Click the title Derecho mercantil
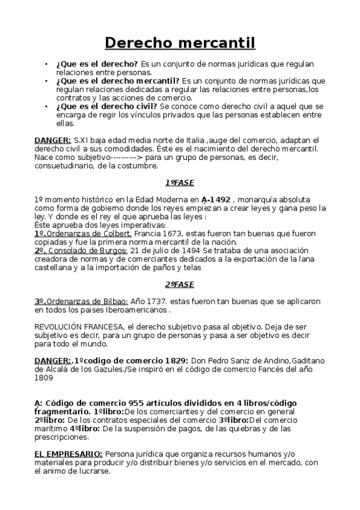tap(180, 43)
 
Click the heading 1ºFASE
tap(180, 182)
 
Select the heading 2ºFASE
tap(180, 284)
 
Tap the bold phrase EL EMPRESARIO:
tap(68, 453)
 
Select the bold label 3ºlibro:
tap(230, 420)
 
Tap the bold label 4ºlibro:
tap(84, 429)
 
